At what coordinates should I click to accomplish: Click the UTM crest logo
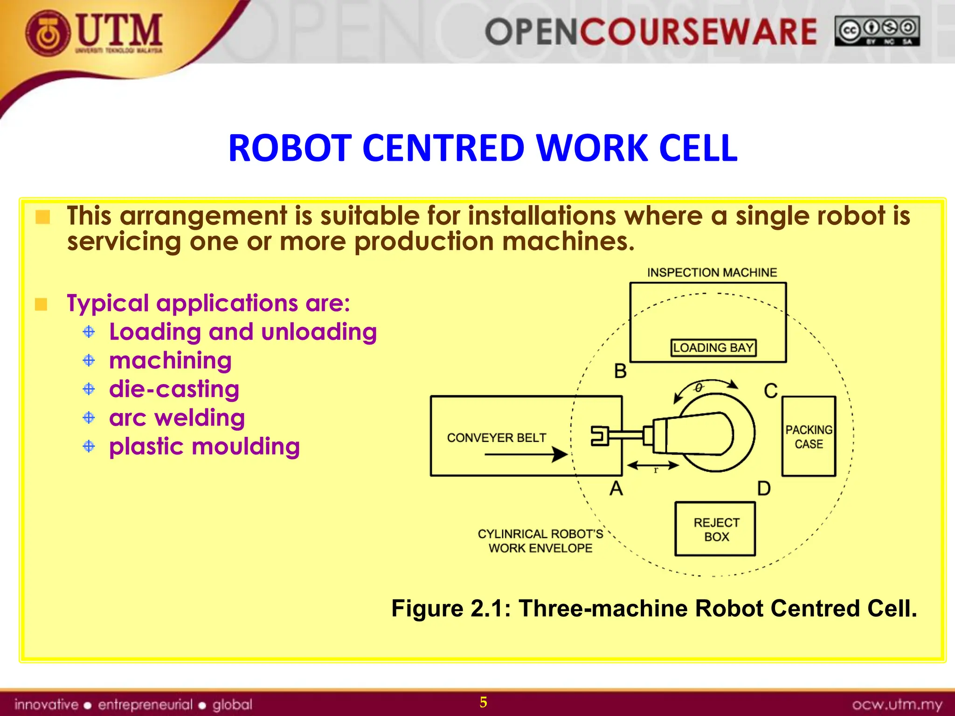48,34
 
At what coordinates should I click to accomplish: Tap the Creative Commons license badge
877,31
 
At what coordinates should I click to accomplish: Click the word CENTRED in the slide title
443,148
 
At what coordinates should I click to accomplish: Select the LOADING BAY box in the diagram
713,348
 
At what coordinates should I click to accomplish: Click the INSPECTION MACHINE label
712,273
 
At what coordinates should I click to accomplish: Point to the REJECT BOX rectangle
715,529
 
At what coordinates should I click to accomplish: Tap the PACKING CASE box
809,436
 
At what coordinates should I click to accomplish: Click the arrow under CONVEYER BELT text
526,454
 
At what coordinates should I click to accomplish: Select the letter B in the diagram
620,372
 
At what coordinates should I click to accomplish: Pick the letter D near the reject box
764,489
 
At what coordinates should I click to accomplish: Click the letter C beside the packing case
770,391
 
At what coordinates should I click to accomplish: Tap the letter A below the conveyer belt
616,489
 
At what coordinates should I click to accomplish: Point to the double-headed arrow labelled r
653,466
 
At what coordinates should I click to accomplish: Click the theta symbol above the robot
699,388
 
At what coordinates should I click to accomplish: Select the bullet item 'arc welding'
177,418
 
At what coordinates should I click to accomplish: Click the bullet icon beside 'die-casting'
89,389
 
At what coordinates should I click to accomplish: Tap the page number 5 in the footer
483,702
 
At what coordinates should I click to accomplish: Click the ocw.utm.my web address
897,704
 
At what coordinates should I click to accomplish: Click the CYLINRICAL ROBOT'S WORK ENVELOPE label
540,541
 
